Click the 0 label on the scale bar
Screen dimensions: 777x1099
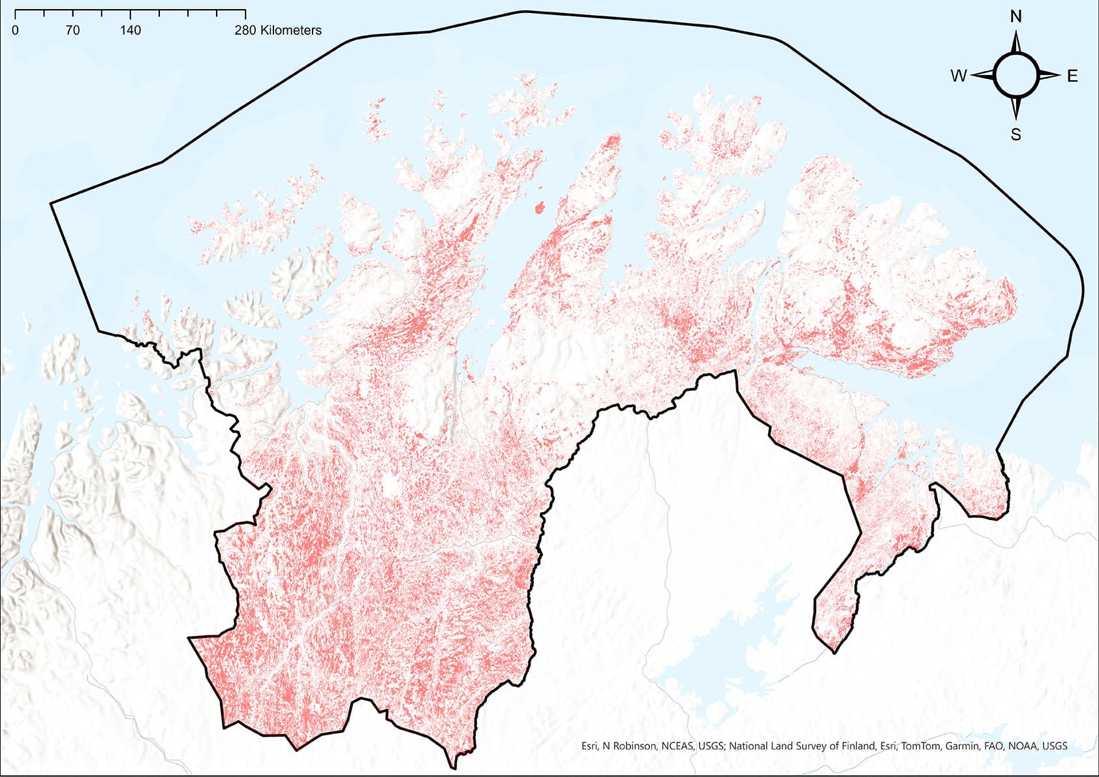[x=15, y=30]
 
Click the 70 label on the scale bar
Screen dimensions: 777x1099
[x=72, y=30]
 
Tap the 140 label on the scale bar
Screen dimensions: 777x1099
[x=131, y=30]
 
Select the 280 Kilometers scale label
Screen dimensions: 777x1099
[x=278, y=30]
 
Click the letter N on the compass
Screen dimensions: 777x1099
[x=1016, y=17]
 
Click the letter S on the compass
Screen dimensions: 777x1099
[x=1016, y=134]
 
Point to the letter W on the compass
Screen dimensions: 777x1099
[x=958, y=76]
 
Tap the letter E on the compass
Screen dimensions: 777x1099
[x=1072, y=76]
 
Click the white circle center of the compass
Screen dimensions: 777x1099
[x=1016, y=76]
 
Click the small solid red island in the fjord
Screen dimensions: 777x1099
[x=540, y=209]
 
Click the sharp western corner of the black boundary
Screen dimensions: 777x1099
[x=51, y=204]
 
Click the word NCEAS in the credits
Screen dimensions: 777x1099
[x=678, y=746]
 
